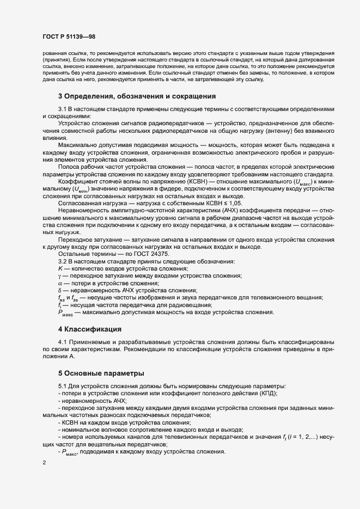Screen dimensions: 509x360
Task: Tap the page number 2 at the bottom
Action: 44,463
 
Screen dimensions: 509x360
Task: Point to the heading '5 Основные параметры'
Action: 101,373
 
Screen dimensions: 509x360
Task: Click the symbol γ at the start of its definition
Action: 60,276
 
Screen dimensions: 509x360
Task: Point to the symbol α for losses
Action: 60,283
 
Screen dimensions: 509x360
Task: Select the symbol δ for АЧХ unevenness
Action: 60,290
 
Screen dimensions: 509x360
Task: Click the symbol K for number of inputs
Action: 60,269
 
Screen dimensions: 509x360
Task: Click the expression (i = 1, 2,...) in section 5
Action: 302,437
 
